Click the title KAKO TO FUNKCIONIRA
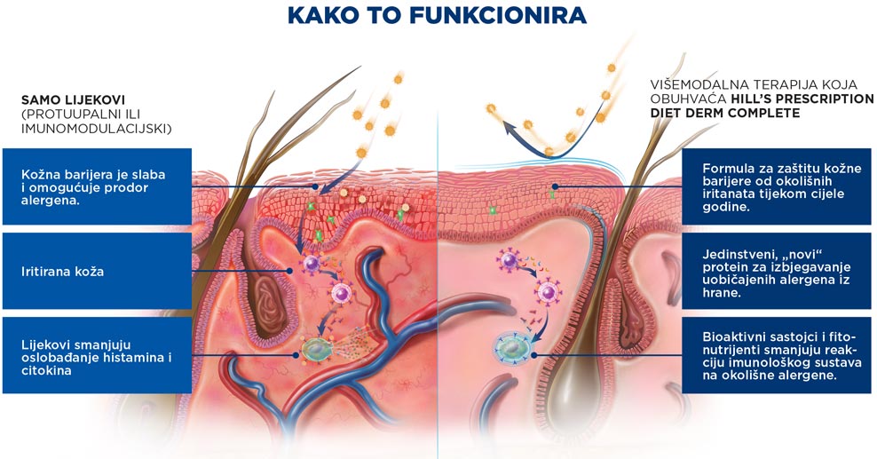(x=437, y=16)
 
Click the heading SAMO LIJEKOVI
(x=69, y=100)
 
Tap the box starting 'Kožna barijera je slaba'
(x=98, y=186)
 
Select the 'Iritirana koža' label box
(x=98, y=271)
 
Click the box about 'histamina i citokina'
(x=98, y=356)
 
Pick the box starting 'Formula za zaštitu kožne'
(x=777, y=186)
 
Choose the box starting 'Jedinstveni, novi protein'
(x=777, y=271)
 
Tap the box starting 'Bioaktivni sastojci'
(x=777, y=356)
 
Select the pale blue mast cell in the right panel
(x=510, y=348)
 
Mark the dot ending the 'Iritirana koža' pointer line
(x=289, y=271)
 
